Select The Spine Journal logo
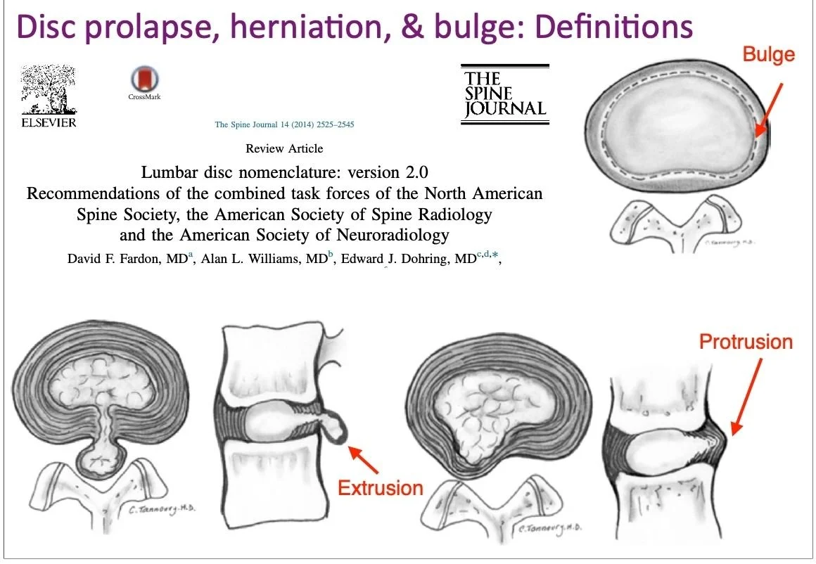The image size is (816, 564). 504,94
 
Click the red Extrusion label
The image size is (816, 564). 381,488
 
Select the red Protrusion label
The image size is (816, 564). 746,342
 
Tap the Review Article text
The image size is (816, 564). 284,148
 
